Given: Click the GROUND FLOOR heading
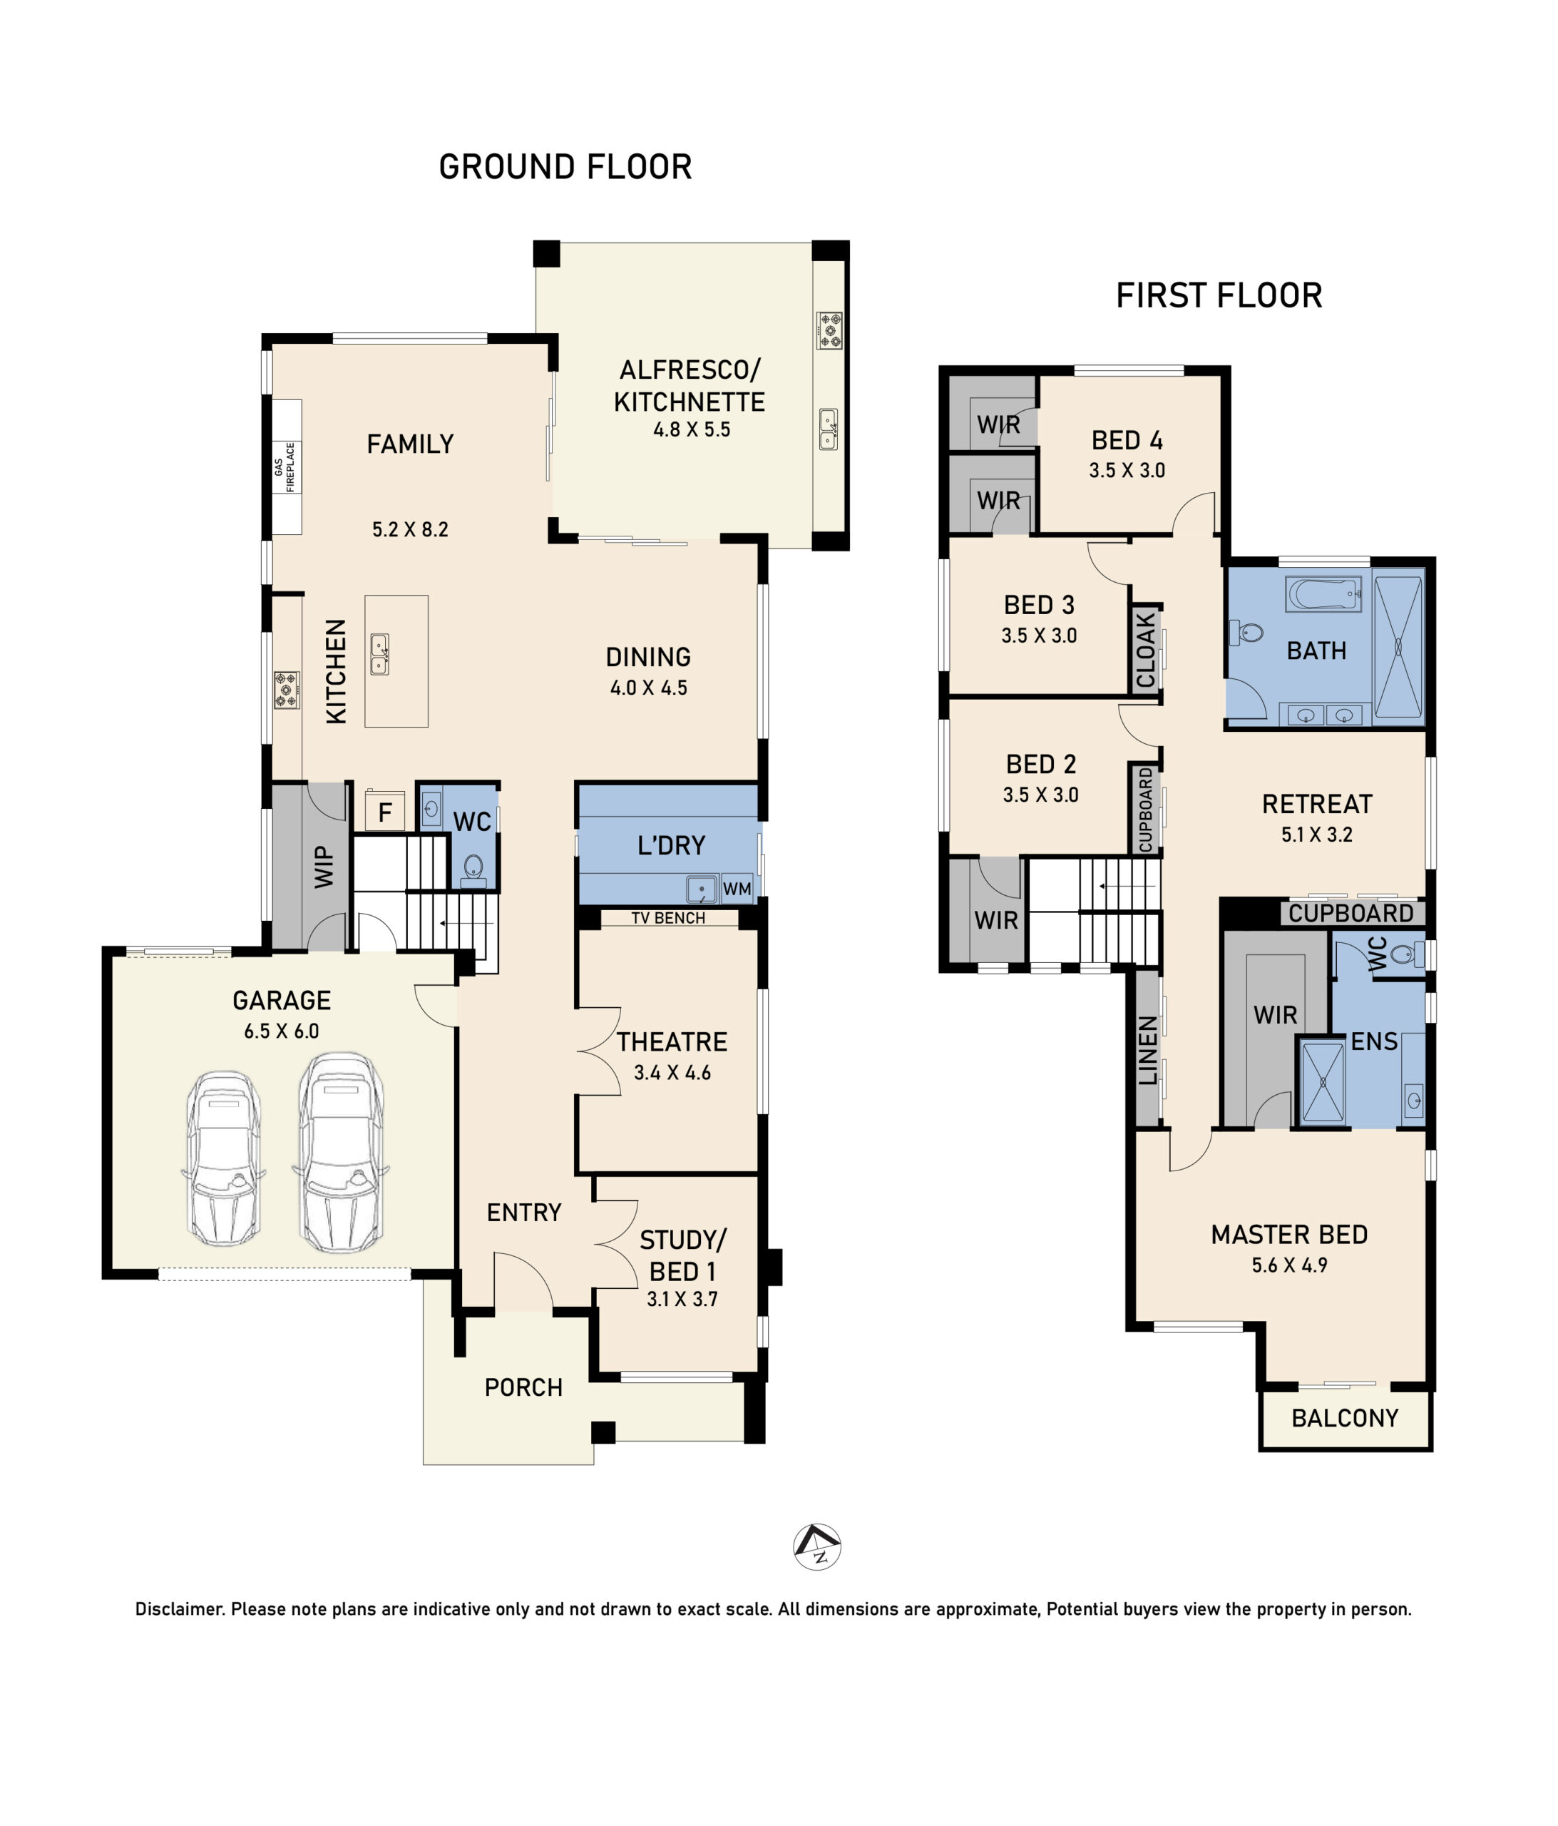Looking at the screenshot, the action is click(x=565, y=167).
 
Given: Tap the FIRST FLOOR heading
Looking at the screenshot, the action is click(x=1219, y=295).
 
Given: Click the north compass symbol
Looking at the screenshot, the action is click(x=817, y=1546).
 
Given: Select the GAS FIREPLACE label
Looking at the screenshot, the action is click(x=285, y=466).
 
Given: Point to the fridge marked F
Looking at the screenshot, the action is click(x=385, y=811).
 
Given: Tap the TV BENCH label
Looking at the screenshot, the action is click(x=668, y=918).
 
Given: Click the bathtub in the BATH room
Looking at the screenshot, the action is click(x=1323, y=594).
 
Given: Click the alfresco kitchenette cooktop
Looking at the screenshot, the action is click(x=829, y=330).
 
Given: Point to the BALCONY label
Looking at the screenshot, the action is click(x=1345, y=1418).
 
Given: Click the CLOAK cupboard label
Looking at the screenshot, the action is click(x=1146, y=651).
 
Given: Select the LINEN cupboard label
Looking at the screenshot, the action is click(x=1147, y=1050).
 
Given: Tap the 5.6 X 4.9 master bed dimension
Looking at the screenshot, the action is click(x=1289, y=1265).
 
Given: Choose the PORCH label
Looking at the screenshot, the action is click(x=523, y=1388).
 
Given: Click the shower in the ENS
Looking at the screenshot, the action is click(x=1323, y=1081).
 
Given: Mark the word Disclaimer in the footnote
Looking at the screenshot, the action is click(x=179, y=1609).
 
